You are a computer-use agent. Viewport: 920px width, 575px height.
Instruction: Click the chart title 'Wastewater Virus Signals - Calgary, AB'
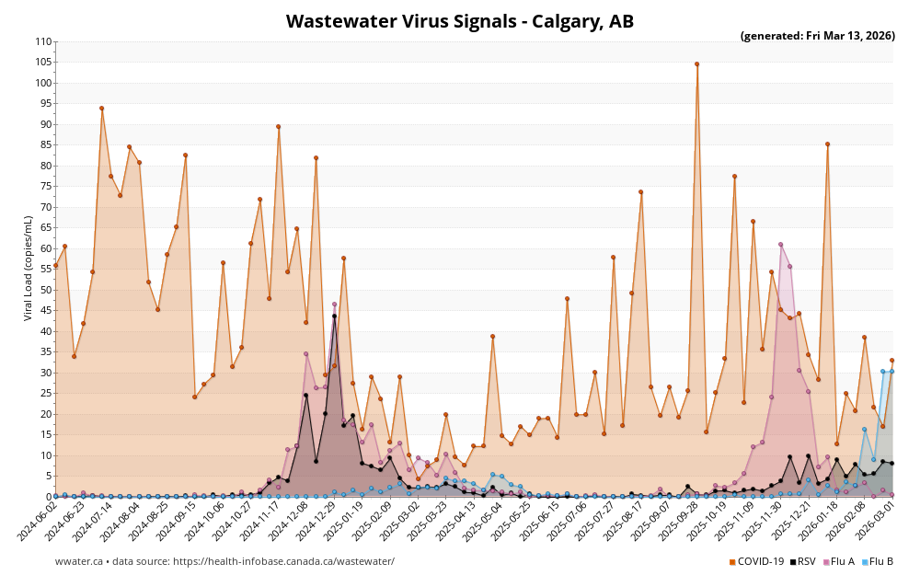[x=459, y=21]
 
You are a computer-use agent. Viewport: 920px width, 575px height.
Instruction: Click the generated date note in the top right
[x=817, y=36]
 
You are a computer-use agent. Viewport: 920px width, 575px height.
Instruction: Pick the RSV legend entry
[x=802, y=561]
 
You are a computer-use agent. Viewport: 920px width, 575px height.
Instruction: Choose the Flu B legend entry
[x=879, y=561]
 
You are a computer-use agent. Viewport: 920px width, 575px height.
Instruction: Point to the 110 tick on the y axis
[x=43, y=41]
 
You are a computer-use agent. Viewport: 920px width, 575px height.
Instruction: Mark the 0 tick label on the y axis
[x=49, y=497]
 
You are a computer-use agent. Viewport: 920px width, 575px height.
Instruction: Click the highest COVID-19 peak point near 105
[x=696, y=64]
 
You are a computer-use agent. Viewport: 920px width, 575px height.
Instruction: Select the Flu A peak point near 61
[x=780, y=245]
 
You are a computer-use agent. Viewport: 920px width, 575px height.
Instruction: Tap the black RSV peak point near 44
[x=334, y=316]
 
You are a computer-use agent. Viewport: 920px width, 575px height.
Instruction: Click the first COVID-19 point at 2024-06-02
[x=55, y=265]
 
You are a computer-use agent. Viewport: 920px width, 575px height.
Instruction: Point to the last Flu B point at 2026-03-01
[x=891, y=372]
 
